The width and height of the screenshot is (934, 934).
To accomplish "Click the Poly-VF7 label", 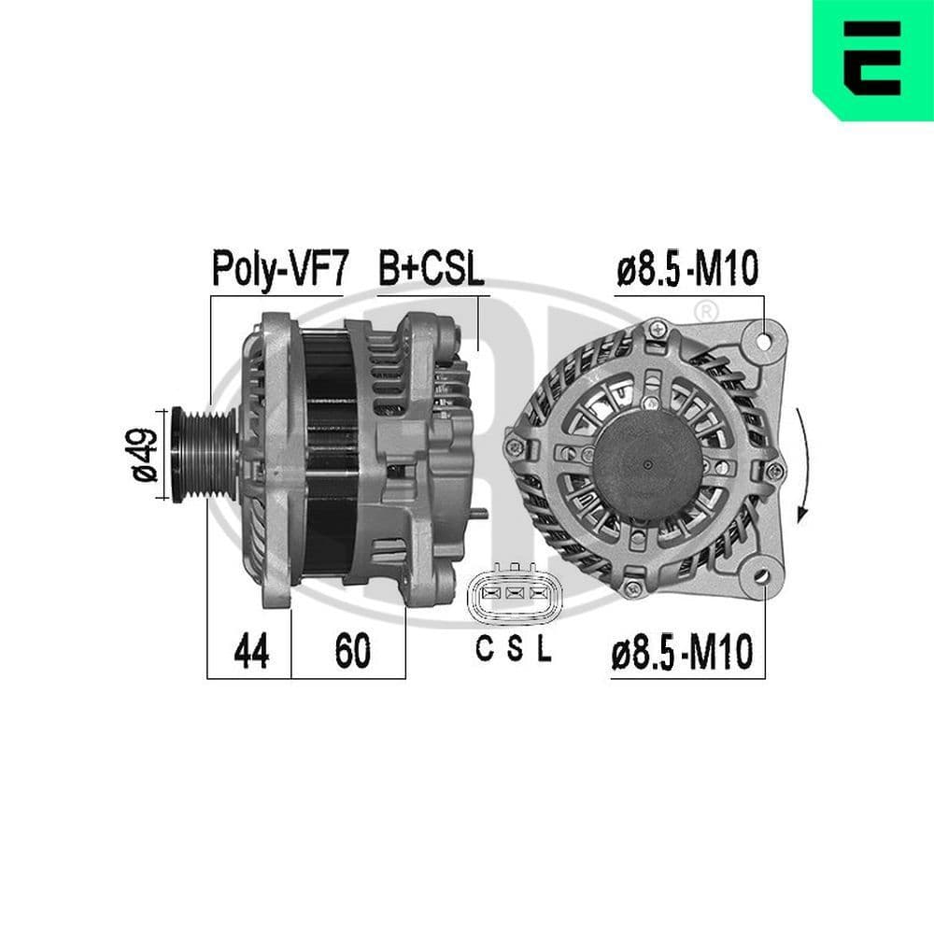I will [x=279, y=269].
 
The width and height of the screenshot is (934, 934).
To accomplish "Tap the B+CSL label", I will [x=431, y=269].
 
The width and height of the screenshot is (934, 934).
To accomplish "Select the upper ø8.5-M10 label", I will [x=687, y=269].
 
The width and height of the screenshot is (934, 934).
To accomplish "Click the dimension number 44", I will [x=249, y=652].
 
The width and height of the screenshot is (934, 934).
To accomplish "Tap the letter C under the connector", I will [x=484, y=649].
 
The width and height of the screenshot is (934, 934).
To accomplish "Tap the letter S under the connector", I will [x=515, y=649].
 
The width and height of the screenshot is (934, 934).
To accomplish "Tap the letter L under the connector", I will [x=544, y=649].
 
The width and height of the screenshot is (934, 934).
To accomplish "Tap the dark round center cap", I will [x=645, y=463].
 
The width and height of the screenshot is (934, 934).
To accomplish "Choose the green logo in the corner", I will [x=872, y=59].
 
